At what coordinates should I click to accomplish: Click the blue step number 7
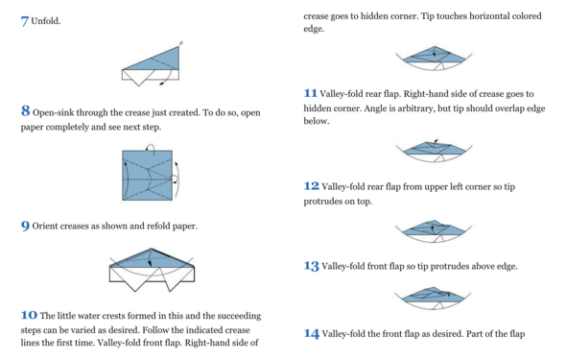click(x=25, y=21)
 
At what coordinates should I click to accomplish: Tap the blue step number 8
click(x=25, y=110)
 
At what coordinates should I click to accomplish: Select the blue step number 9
click(x=25, y=226)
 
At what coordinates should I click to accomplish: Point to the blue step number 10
click(x=29, y=315)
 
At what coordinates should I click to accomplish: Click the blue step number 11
click(x=310, y=93)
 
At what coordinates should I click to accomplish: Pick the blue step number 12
click(x=311, y=186)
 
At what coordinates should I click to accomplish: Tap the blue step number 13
click(x=311, y=266)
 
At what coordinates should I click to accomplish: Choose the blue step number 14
click(x=311, y=333)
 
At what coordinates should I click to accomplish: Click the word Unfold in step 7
click(x=45, y=21)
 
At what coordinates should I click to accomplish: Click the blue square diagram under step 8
click(x=148, y=175)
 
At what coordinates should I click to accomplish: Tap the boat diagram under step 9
click(x=152, y=269)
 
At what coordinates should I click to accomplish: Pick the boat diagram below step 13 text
click(x=433, y=299)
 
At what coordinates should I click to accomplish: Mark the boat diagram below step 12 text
click(x=434, y=231)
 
